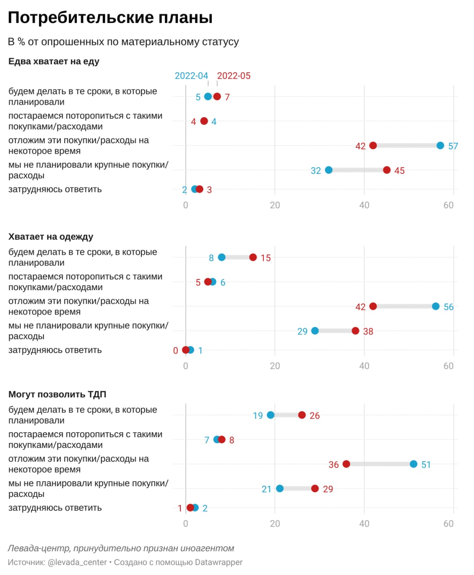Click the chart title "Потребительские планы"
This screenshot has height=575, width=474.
110,18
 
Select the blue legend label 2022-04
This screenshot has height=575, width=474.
191,76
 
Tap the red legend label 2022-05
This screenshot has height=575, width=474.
234,76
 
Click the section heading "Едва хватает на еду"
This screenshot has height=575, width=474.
54,62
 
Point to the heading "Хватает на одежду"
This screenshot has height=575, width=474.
51,237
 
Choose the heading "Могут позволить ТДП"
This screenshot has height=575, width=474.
57,394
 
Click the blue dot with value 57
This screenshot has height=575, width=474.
440,146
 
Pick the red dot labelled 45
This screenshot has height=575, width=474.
386,170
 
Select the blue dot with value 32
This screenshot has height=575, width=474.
329,170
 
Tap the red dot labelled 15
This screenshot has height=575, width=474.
253,257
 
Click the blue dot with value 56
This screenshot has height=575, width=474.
435,306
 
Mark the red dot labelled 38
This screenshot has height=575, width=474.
355,331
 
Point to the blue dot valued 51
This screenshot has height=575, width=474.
413,464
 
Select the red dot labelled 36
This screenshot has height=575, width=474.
346,464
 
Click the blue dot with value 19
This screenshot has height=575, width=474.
271,415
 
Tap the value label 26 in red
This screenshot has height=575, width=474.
315,416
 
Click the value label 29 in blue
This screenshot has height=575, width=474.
303,332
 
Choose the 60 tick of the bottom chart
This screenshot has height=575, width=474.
448,524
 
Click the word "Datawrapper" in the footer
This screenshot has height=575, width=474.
219,562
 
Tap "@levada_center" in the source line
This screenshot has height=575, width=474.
77,562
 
